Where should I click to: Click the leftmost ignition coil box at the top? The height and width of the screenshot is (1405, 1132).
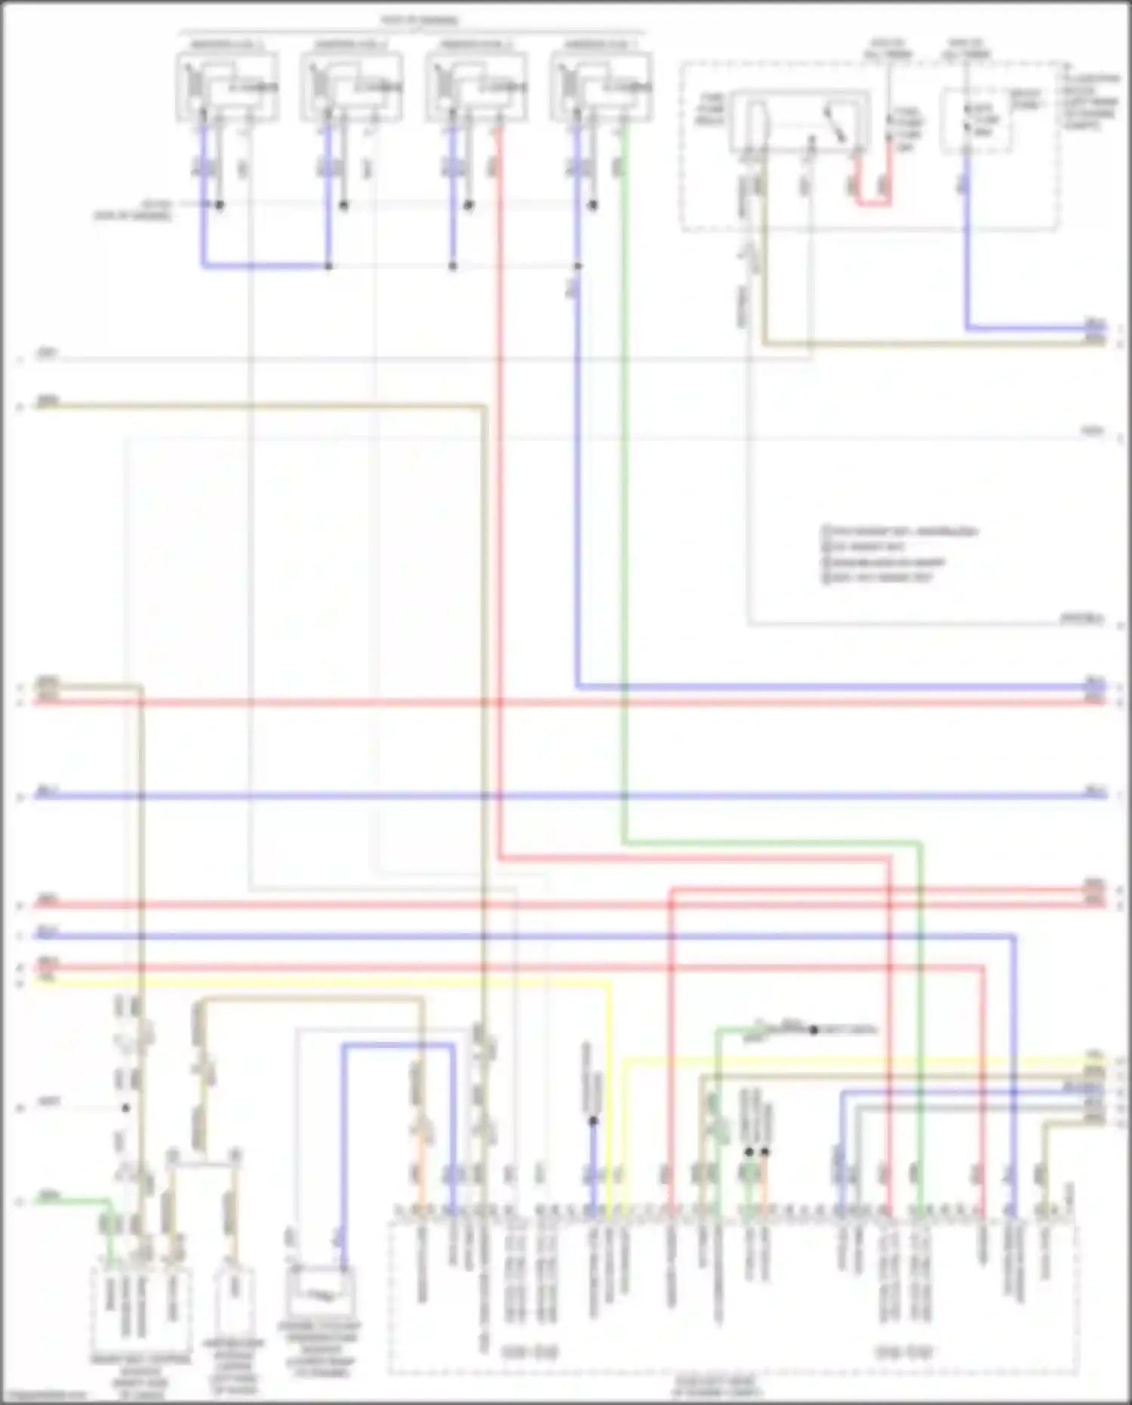click(227, 86)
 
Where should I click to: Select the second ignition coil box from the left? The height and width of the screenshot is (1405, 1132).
click(352, 86)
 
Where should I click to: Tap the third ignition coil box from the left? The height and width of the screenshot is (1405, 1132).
click(476, 86)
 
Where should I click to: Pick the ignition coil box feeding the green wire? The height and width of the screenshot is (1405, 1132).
click(601, 86)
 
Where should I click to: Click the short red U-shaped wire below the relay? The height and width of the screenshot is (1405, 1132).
click(872, 201)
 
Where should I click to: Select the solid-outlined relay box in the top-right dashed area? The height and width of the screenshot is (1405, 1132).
click(800, 121)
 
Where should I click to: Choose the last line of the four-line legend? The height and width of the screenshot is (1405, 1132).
click(878, 578)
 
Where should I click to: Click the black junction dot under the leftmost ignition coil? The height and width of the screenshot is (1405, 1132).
click(220, 205)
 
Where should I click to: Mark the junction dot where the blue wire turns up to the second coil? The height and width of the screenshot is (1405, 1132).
click(328, 266)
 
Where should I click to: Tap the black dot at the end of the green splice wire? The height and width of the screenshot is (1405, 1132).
click(814, 1030)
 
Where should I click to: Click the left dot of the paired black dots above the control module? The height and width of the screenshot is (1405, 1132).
click(749, 1152)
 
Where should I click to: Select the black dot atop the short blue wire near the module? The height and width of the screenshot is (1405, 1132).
click(593, 1121)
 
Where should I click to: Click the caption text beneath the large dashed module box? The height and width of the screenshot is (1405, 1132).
click(715, 1386)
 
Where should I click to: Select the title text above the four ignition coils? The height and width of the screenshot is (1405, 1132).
click(420, 20)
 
